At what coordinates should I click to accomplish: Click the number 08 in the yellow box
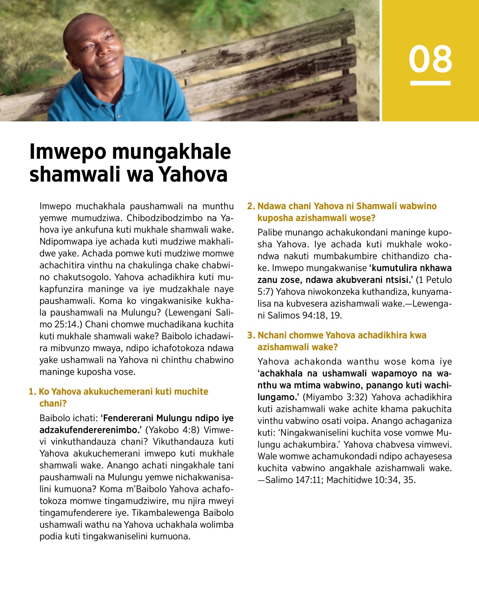pos(430,59)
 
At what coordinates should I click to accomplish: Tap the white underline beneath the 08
pos(430,83)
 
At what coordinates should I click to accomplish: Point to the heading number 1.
pos(32,392)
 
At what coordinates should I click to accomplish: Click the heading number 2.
pos(251,206)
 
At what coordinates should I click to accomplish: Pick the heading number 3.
pos(251,335)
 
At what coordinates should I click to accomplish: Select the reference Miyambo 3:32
pos(335,397)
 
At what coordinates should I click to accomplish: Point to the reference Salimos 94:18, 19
pos(305,315)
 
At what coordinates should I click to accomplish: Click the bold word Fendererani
pos(128,418)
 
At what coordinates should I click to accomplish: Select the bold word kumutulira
pos(393,268)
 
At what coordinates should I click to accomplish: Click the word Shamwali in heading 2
pos(375,206)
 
